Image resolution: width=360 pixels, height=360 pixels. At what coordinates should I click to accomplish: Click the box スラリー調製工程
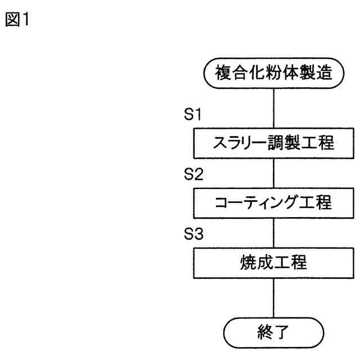273,145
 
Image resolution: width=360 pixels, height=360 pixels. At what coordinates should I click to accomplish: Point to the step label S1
185,116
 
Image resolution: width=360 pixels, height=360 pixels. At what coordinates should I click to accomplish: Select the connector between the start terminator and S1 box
273,110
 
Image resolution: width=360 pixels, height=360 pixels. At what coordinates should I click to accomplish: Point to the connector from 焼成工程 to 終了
273,298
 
